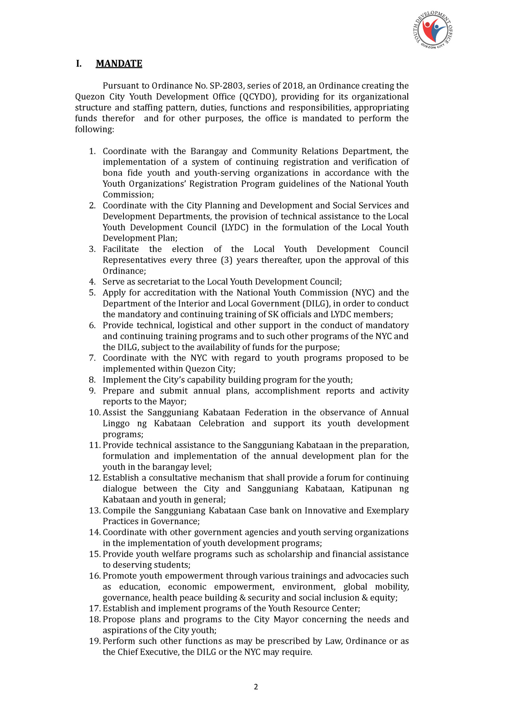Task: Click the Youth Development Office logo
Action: (433, 30)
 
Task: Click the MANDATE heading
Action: (119, 63)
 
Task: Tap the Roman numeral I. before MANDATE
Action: (79, 63)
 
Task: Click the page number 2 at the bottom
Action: (256, 687)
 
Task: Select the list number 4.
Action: (92, 282)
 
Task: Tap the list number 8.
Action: (92, 380)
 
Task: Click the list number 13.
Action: (94, 510)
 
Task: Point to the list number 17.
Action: (94, 608)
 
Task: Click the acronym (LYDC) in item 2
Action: (235, 227)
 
